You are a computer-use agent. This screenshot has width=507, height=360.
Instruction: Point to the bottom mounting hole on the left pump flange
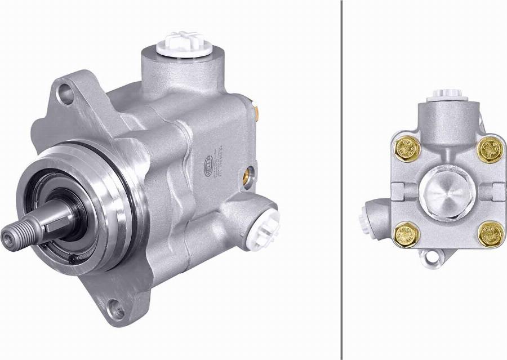coord(116,308)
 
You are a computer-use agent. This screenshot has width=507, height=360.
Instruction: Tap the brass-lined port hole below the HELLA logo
coord(248,176)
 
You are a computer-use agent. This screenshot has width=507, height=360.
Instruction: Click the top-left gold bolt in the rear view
coord(406,148)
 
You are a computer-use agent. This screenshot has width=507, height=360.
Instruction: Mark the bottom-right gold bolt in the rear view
coord(490,234)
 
